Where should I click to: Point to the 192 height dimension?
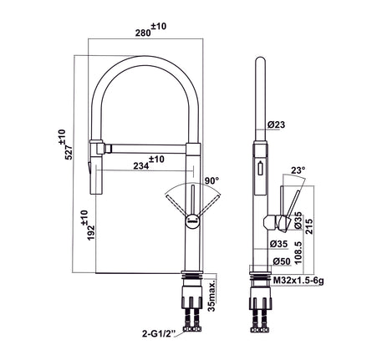coord(84,226)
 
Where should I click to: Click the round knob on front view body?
coord(191,221)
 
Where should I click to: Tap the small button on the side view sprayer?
coord(259,167)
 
